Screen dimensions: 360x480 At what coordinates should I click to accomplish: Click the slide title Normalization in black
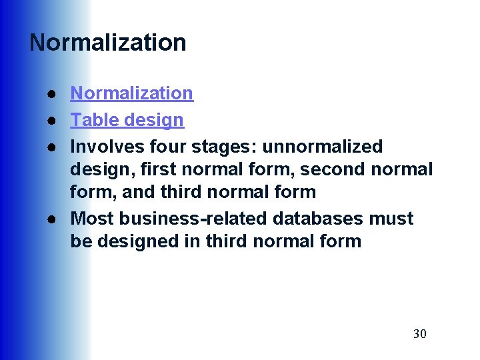coord(108,43)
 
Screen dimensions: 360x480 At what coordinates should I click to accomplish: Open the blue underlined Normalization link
coord(131,93)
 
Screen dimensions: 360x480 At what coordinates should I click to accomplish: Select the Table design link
coord(127,120)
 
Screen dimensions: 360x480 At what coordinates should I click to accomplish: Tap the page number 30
coord(419,333)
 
